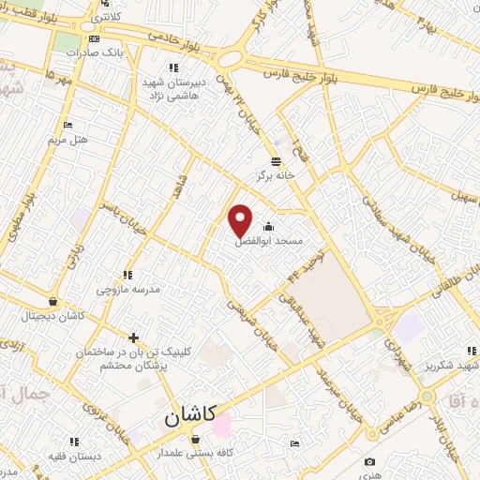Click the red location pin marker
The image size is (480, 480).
coord(241,221)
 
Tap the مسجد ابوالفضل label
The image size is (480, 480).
coord(271,241)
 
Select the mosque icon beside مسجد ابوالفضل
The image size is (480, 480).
coord(270,226)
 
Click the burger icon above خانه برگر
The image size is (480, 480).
coord(277,160)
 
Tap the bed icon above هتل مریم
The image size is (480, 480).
coord(67,125)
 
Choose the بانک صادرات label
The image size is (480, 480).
coord(95,53)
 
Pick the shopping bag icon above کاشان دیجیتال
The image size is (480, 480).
coord(52,301)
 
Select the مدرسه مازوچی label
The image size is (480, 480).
coord(128,290)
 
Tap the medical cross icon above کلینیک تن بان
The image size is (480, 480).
coord(134,337)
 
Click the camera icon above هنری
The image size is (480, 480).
coord(370,462)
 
